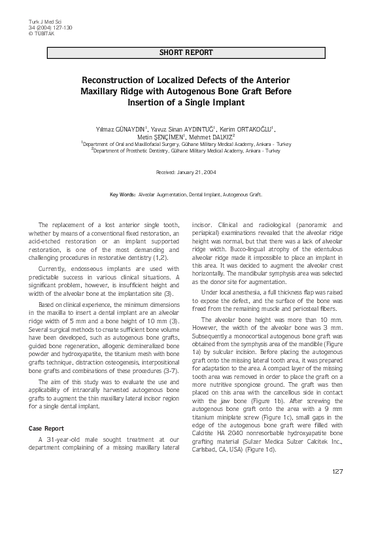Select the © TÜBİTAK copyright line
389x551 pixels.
tap(39, 33)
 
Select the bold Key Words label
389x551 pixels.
tap(122, 194)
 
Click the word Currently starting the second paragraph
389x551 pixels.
tap(54, 268)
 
